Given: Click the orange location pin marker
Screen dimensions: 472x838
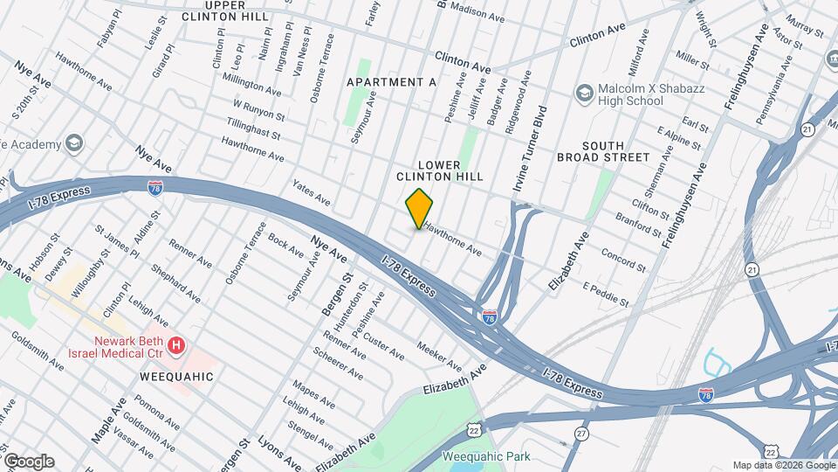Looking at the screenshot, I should pyautogui.click(x=420, y=208).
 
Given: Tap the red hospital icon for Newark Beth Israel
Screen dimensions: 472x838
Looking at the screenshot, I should pyautogui.click(x=177, y=347).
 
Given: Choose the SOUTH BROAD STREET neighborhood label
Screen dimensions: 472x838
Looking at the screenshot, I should pyautogui.click(x=603, y=151).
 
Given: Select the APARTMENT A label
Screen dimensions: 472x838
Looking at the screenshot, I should pyautogui.click(x=391, y=82).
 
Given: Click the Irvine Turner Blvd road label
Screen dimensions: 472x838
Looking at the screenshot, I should pyautogui.click(x=530, y=149).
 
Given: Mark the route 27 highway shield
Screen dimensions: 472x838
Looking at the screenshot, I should pyautogui.click(x=581, y=433).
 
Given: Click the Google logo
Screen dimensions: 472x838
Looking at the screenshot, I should pyautogui.click(x=28, y=461).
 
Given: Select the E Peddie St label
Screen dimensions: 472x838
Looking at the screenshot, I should pyautogui.click(x=606, y=295).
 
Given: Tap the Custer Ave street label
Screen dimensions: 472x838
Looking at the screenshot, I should pyautogui.click(x=384, y=346).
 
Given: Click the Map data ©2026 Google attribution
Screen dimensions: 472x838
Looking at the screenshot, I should pyautogui.click(x=783, y=465).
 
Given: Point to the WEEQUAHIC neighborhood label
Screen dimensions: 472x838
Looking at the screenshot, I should pyautogui.click(x=176, y=377).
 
